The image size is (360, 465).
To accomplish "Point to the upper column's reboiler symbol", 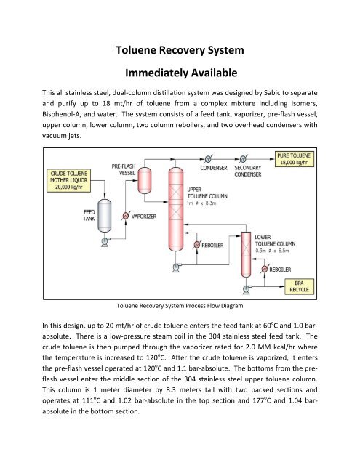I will pos(196,245).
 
